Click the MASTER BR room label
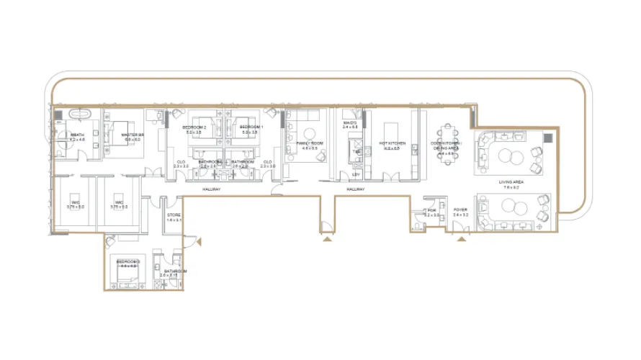point(133,135)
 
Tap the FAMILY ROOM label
point(308,143)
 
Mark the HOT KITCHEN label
point(393,143)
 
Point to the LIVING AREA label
point(511,182)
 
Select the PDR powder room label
point(431,211)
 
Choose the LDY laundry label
point(355,174)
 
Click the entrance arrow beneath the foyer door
point(461,238)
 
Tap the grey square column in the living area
point(548,137)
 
